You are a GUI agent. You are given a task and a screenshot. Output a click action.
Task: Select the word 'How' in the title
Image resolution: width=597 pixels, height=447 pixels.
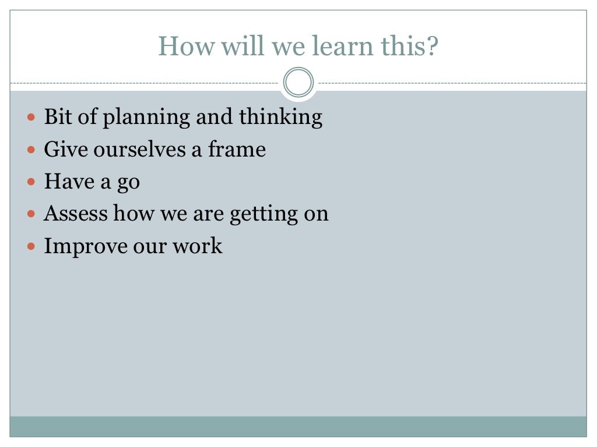point(181,46)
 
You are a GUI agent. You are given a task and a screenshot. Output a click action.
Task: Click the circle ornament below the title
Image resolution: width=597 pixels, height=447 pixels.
point(298,83)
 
